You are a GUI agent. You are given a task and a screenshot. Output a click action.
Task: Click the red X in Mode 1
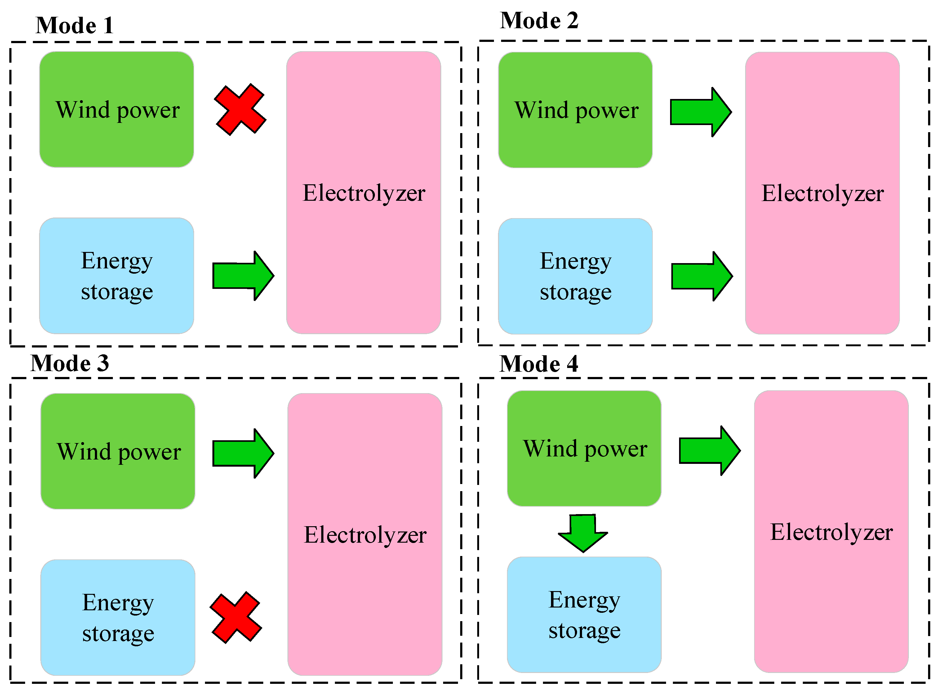(x=240, y=110)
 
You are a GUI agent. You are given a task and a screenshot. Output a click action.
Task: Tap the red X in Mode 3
(x=236, y=618)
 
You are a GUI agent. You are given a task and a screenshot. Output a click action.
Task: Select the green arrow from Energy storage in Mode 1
(x=243, y=276)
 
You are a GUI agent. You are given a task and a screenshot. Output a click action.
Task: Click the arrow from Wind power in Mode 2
(x=700, y=112)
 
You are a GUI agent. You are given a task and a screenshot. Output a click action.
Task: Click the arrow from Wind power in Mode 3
(x=243, y=454)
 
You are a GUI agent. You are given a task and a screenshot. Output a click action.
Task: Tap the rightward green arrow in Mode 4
(x=709, y=451)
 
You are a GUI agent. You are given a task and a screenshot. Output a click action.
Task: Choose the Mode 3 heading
(x=70, y=363)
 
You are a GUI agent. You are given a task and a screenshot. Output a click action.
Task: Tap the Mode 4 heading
(x=539, y=364)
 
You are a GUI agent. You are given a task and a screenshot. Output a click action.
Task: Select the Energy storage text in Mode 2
(x=576, y=276)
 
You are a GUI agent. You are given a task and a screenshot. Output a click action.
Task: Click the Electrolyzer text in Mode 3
(x=365, y=535)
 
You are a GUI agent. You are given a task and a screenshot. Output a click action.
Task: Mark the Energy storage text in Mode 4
(x=585, y=615)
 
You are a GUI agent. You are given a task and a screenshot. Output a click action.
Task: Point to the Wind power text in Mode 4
(x=585, y=449)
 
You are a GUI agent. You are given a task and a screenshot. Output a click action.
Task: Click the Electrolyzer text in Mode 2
(x=822, y=194)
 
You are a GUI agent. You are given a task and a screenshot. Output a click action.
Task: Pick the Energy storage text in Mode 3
(x=118, y=618)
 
